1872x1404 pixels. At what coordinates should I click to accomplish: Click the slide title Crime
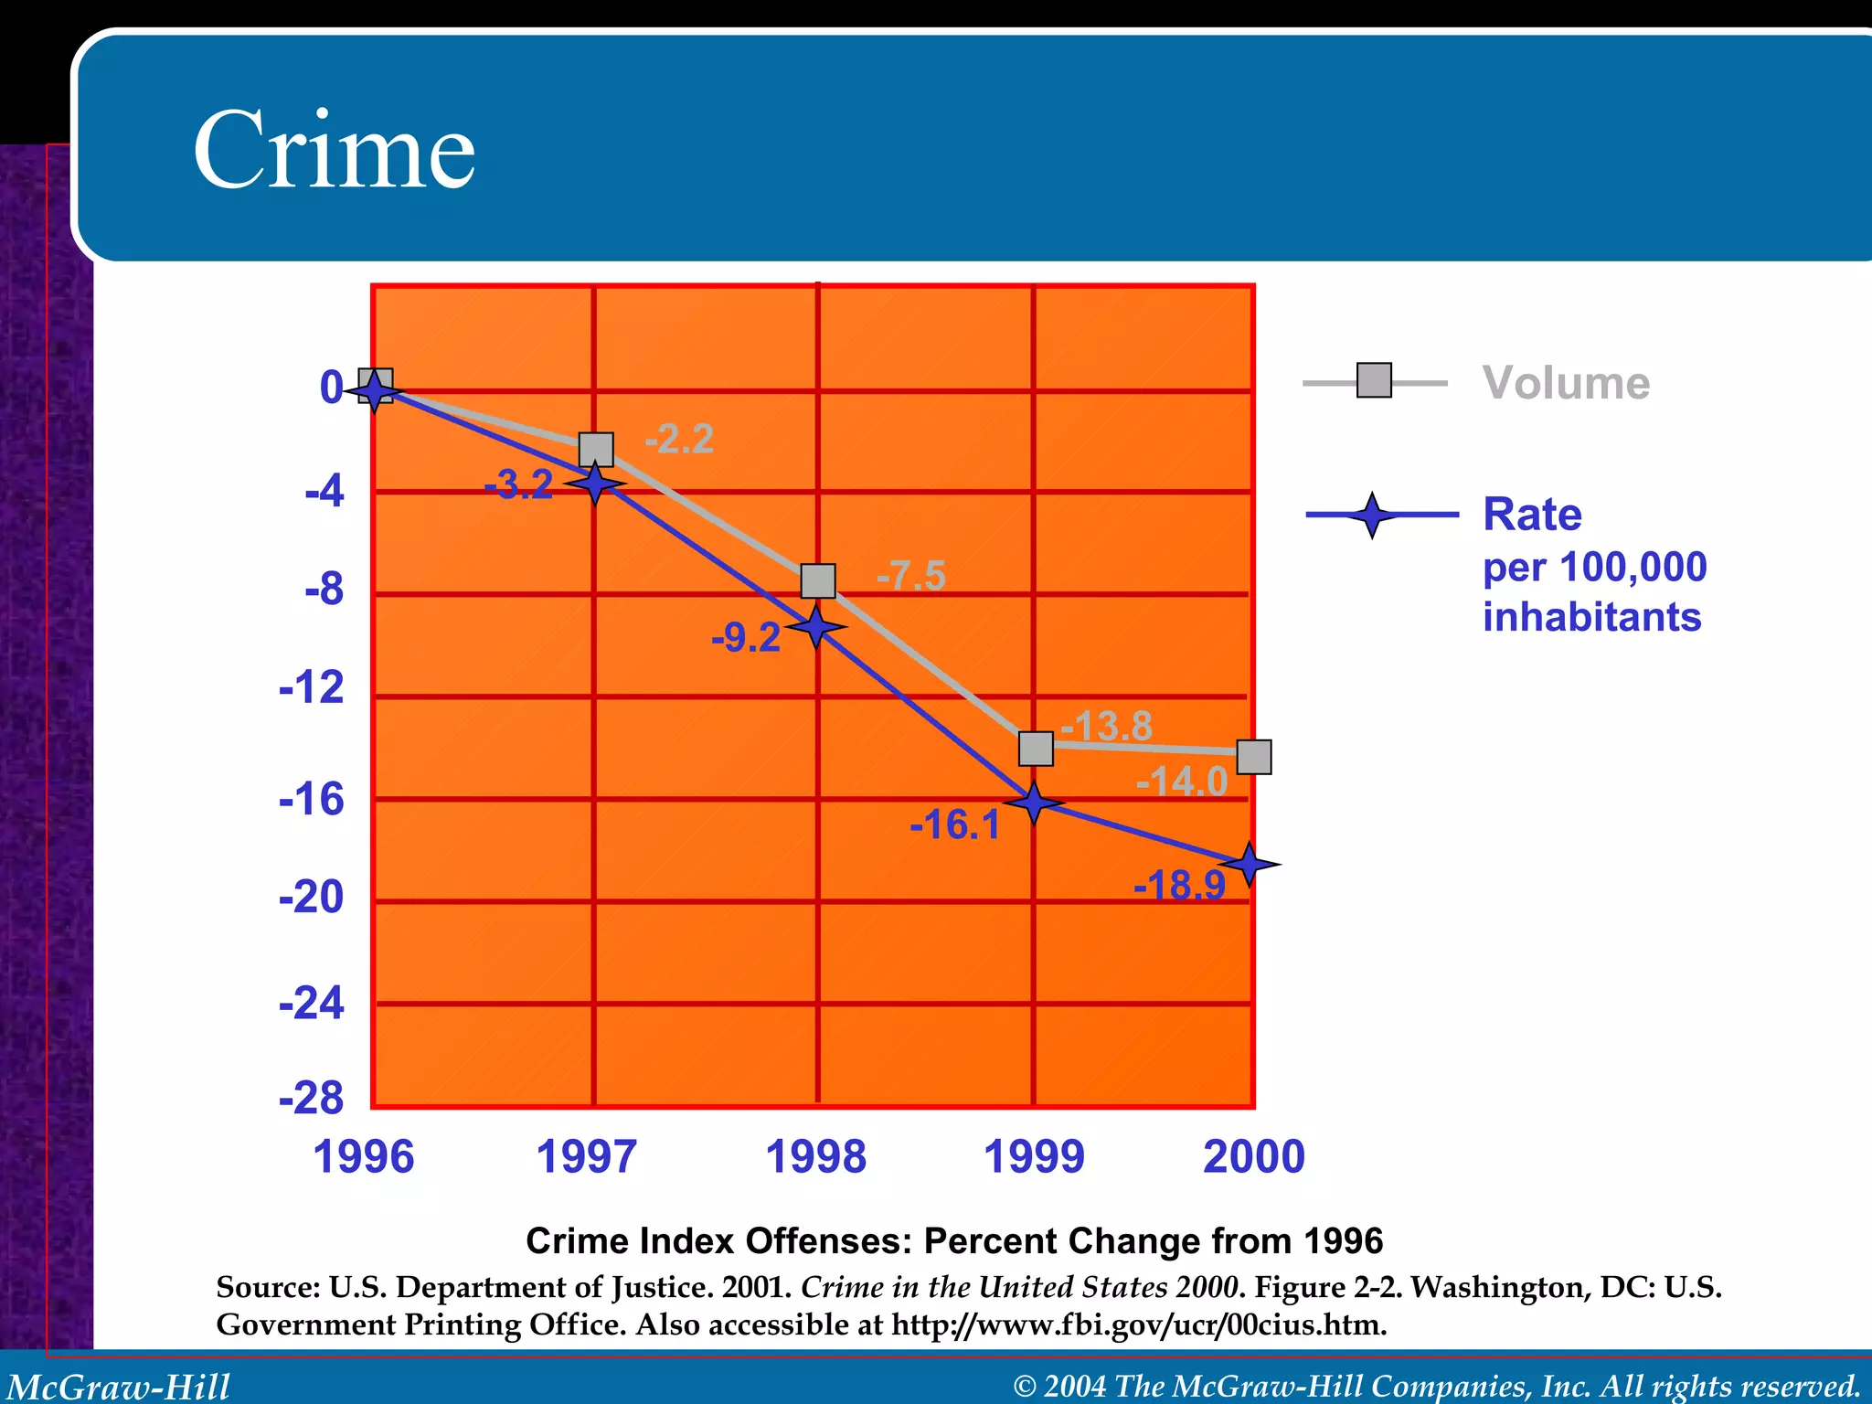(x=334, y=151)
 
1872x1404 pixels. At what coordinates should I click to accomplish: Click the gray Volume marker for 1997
(x=596, y=450)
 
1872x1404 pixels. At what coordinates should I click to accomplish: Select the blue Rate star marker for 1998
(x=815, y=627)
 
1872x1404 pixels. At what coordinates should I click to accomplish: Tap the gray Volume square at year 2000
(x=1254, y=757)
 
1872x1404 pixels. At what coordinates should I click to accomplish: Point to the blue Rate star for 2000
(x=1250, y=864)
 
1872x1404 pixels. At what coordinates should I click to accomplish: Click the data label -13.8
(x=1107, y=727)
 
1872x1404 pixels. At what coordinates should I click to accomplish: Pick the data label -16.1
(x=955, y=825)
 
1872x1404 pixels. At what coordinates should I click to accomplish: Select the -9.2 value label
(x=746, y=638)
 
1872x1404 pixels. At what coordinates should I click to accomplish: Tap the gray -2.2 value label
(x=679, y=440)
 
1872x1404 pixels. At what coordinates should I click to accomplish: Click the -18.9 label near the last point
(x=1179, y=886)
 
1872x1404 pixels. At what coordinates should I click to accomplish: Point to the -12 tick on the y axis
(x=312, y=687)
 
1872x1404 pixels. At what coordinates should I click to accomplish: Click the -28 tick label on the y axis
(x=312, y=1098)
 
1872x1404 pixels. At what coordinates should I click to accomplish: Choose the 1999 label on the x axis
(x=1034, y=1157)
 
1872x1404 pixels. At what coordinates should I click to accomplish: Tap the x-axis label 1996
(x=364, y=1157)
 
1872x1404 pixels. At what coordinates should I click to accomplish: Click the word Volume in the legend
(x=1566, y=383)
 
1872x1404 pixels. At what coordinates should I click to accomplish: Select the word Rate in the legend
(x=1532, y=515)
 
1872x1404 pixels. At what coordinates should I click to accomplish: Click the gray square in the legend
(x=1374, y=380)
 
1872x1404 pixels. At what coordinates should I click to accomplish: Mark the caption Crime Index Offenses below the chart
(x=953, y=1241)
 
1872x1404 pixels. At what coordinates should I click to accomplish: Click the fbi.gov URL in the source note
(x=1138, y=1324)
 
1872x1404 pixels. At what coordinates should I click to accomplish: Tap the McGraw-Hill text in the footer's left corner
(x=119, y=1387)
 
